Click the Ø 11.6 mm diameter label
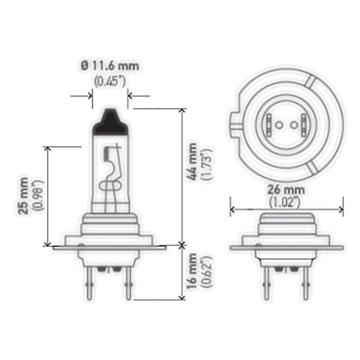point(110,66)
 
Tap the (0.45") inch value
point(110,81)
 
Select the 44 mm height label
point(193,161)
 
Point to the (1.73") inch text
point(207,165)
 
